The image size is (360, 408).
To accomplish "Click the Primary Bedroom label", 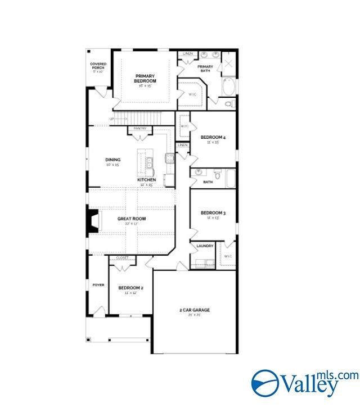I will coord(145,78).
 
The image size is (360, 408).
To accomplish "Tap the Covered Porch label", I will coord(98,66).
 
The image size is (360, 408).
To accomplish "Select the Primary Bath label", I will coord(205,69).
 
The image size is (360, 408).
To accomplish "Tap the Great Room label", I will coord(132,219).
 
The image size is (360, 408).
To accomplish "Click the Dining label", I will coord(112,160).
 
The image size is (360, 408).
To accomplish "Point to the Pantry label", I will coord(140,129).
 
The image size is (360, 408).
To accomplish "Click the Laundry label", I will coord(204,246).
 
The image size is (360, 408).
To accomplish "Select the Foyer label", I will coord(98,285).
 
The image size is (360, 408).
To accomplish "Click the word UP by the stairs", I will coord(111,119).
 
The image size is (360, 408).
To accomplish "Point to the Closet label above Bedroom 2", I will coord(122,258).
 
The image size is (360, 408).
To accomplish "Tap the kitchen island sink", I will coord(150,163).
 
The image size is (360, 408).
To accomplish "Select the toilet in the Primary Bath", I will coord(228,104).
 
